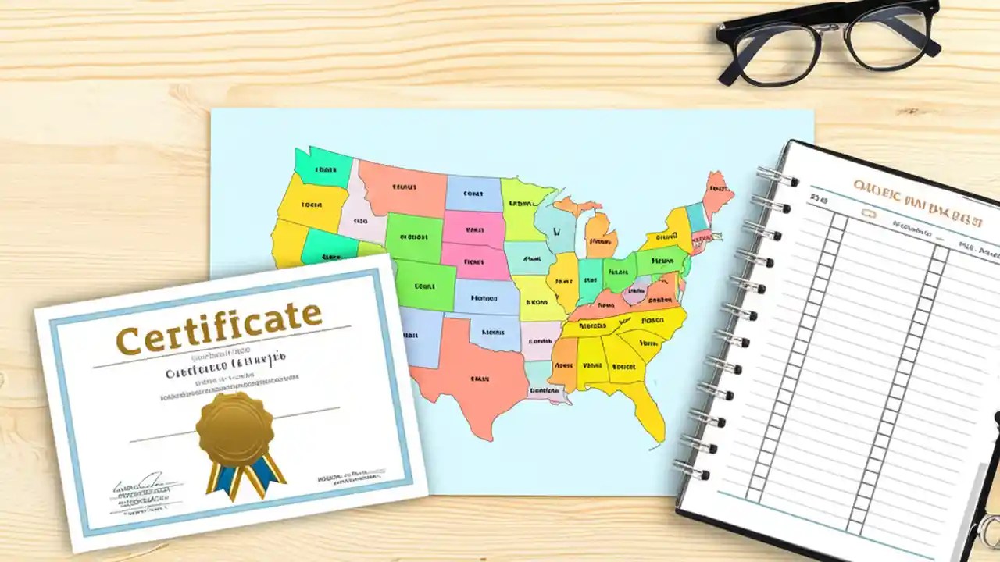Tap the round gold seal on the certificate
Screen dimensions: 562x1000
[235, 429]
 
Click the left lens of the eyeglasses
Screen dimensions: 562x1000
[778, 51]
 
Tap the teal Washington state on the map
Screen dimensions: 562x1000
[323, 167]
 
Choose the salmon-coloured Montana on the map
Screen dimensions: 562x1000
[402, 188]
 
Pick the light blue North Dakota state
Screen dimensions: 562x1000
[473, 193]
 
